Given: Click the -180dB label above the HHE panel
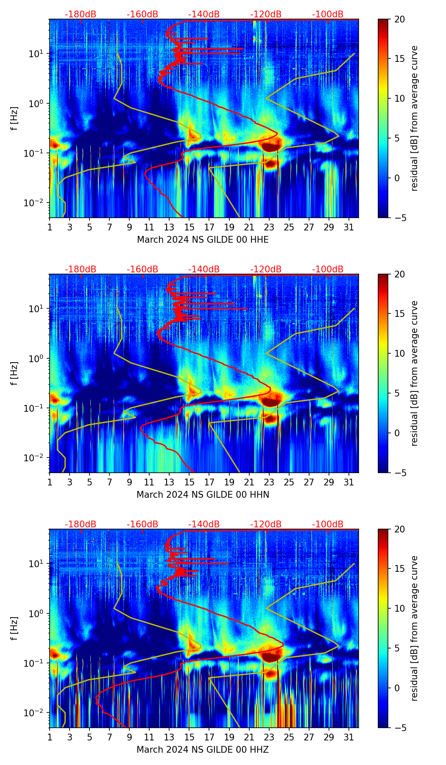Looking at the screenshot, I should pos(81,14).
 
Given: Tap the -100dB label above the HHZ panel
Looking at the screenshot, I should pos(328,524).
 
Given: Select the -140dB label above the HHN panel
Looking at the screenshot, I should pos(204,269).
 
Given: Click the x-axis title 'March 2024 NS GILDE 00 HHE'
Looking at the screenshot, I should pos(203,240).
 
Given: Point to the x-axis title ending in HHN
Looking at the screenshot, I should pos(203,495).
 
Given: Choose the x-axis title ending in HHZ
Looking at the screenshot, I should pos(203,750).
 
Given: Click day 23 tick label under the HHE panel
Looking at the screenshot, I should pos(269,227).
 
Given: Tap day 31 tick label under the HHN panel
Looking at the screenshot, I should pos(349,482).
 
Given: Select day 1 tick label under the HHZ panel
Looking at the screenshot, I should pos(50,737).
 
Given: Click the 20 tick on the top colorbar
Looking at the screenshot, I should pos(399,19).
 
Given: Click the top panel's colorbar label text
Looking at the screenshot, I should pos(415,118).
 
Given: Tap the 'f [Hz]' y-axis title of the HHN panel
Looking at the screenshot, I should pos(14,373).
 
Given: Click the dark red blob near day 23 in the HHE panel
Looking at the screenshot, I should pos(270,146).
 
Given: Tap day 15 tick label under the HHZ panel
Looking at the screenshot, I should pos(190,737).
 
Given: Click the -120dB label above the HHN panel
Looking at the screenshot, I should pos(266,269).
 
